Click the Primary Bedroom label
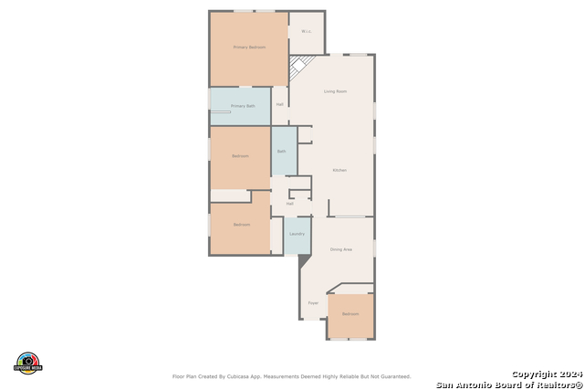[249, 47]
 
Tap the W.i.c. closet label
[307, 32]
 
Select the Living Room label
[335, 91]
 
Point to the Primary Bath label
[244, 107]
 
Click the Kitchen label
[339, 171]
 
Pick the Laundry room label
[297, 235]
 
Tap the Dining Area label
[341, 249]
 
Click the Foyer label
[312, 302]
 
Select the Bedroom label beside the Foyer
[350, 314]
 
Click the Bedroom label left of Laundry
[241, 225]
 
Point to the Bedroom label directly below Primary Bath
[240, 156]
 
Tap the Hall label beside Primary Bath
[279, 104]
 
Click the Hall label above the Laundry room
[289, 204]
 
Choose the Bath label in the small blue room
[282, 151]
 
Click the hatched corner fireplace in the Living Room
[298, 68]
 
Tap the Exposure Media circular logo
[28, 362]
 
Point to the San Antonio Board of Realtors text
[508, 384]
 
